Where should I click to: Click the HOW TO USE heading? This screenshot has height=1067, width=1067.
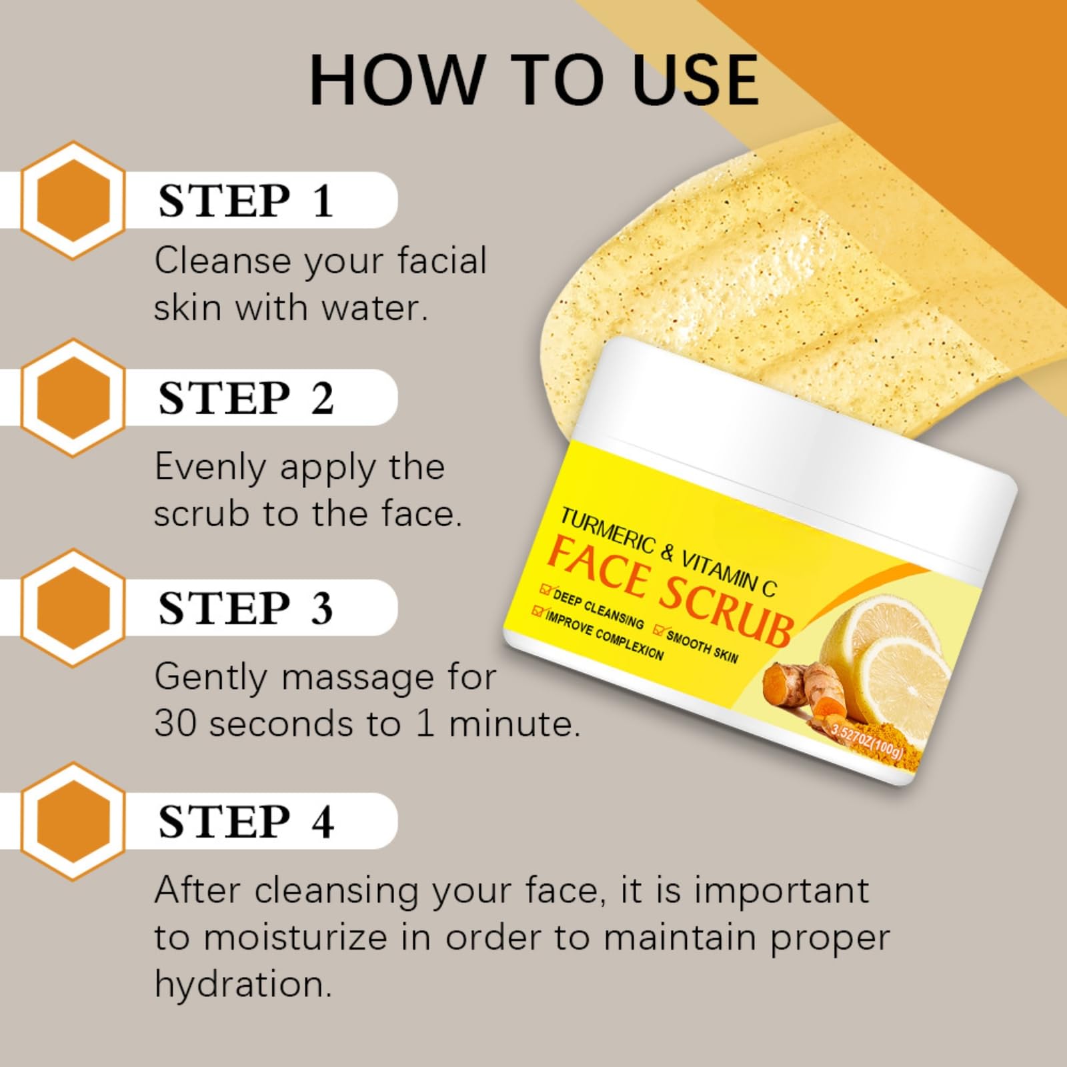[534, 80]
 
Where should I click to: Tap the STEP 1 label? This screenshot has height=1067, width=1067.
[245, 200]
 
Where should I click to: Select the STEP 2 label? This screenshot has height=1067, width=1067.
[245, 397]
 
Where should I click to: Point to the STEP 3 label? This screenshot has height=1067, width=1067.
[245, 608]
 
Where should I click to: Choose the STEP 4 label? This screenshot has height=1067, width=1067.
[245, 821]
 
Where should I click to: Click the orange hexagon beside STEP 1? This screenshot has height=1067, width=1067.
[73, 200]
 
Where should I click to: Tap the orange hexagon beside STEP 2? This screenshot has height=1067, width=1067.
[73, 397]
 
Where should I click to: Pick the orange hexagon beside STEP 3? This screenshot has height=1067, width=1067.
[73, 608]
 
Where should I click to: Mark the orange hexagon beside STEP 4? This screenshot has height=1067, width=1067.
[73, 821]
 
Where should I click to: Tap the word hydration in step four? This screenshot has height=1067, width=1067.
[243, 984]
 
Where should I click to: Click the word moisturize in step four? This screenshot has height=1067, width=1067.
[295, 937]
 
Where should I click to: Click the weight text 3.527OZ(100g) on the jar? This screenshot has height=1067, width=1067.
[868, 742]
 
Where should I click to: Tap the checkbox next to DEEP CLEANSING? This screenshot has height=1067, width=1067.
[546, 590]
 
